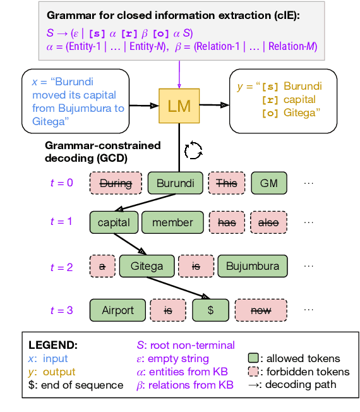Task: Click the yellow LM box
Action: [179, 106]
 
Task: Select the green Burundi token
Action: [175, 183]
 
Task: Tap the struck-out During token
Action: [116, 183]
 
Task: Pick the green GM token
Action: [268, 183]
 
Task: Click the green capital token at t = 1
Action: [114, 222]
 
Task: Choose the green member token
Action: [172, 222]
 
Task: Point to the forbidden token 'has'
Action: [226, 222]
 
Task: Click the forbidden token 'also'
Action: [268, 222]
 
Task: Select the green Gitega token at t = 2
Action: [147, 266]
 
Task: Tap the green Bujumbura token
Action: [252, 266]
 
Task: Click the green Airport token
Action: [117, 310]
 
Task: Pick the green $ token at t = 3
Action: [210, 310]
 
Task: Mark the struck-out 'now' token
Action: [260, 310]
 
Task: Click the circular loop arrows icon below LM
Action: [193, 150]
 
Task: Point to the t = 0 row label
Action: [61, 183]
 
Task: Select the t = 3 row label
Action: [61, 310]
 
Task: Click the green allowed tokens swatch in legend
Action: [253, 358]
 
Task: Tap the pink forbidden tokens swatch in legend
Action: [253, 372]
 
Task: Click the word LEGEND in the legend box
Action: [53, 346]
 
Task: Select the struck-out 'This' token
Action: [226, 183]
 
